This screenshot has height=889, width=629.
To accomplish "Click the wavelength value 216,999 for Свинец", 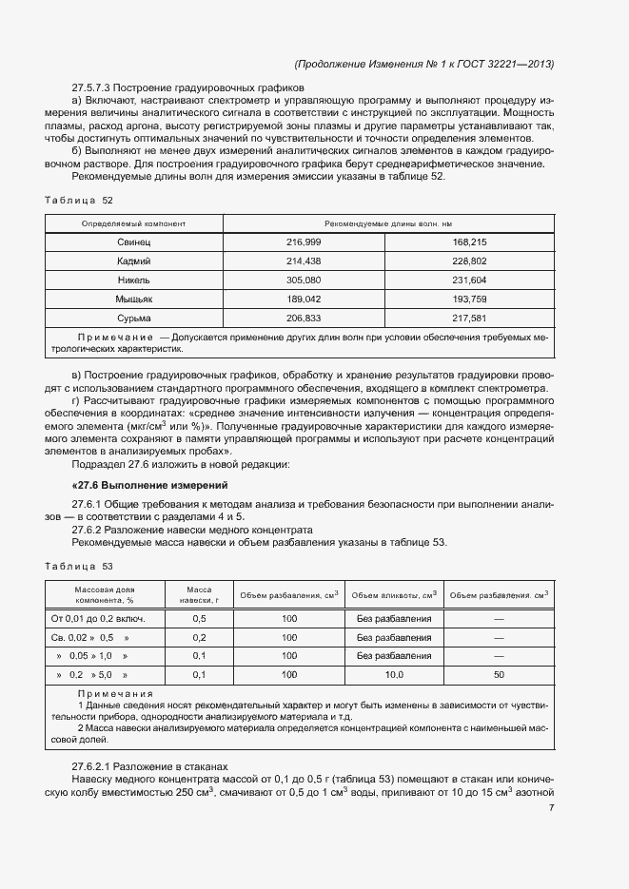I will (304, 243).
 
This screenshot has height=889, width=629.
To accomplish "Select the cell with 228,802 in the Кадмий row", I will (470, 261).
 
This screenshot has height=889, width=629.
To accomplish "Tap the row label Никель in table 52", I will (134, 280).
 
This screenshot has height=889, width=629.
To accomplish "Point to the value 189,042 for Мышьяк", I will (304, 300).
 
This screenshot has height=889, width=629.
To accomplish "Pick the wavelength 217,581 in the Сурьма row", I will (470, 319).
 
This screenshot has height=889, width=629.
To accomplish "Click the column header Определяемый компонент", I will (134, 223).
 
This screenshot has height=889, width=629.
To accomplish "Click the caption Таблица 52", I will (79, 202).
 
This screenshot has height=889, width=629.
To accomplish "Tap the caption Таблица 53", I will (79, 567).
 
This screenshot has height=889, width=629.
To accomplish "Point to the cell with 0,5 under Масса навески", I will (199, 619).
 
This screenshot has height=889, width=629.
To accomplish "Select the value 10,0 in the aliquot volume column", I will (394, 675).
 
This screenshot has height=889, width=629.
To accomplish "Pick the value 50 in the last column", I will (500, 675).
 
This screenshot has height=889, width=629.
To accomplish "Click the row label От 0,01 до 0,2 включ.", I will (105, 619).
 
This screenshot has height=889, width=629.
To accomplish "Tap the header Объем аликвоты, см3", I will (394, 595).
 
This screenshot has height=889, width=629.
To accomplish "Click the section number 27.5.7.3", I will (93, 87).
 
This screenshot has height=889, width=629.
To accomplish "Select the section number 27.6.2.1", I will (93, 766).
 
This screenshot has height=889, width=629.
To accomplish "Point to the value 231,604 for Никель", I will (470, 280).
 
